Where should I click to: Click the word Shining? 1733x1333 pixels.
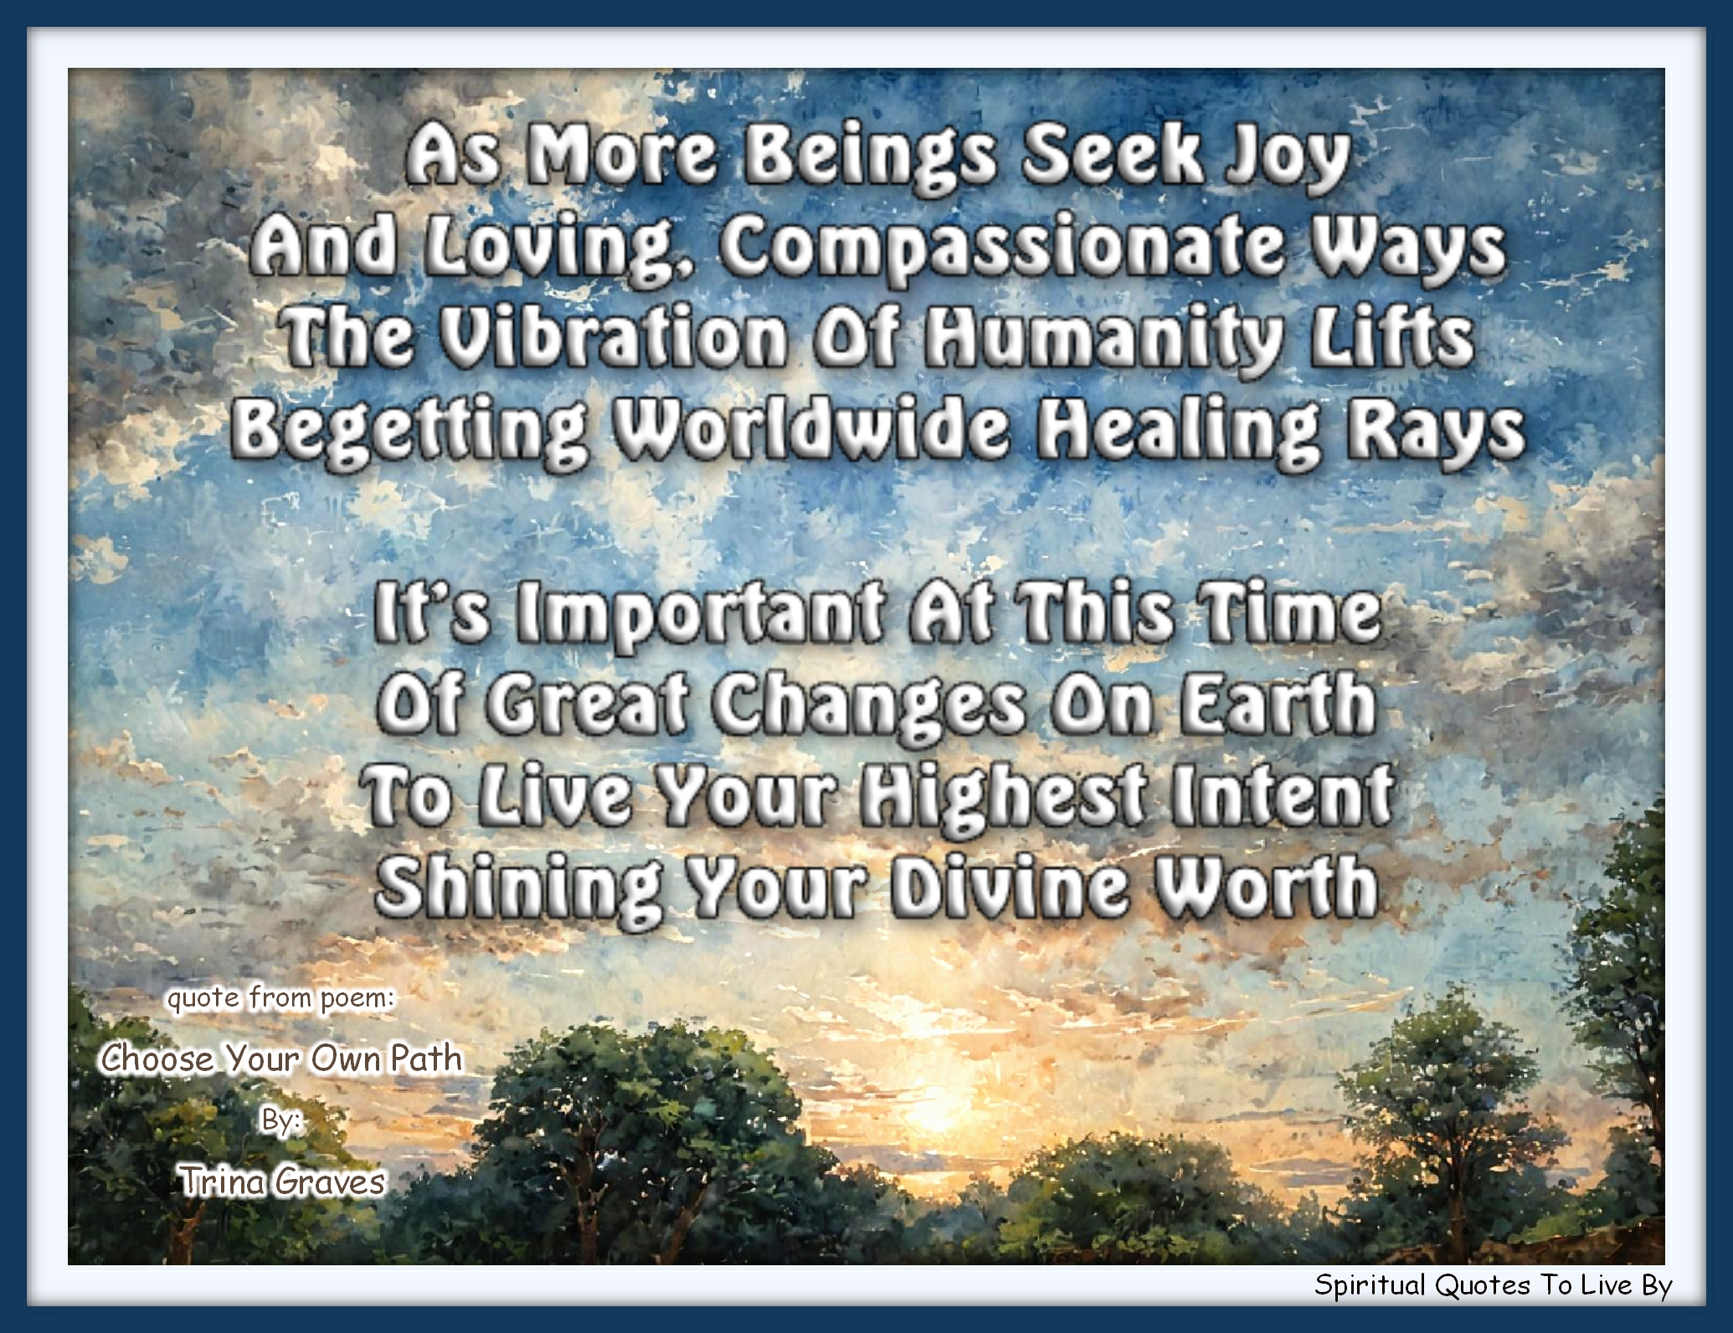[518, 885]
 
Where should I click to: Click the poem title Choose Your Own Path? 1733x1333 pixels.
[281, 1059]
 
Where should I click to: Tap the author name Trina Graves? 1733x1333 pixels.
[282, 1182]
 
